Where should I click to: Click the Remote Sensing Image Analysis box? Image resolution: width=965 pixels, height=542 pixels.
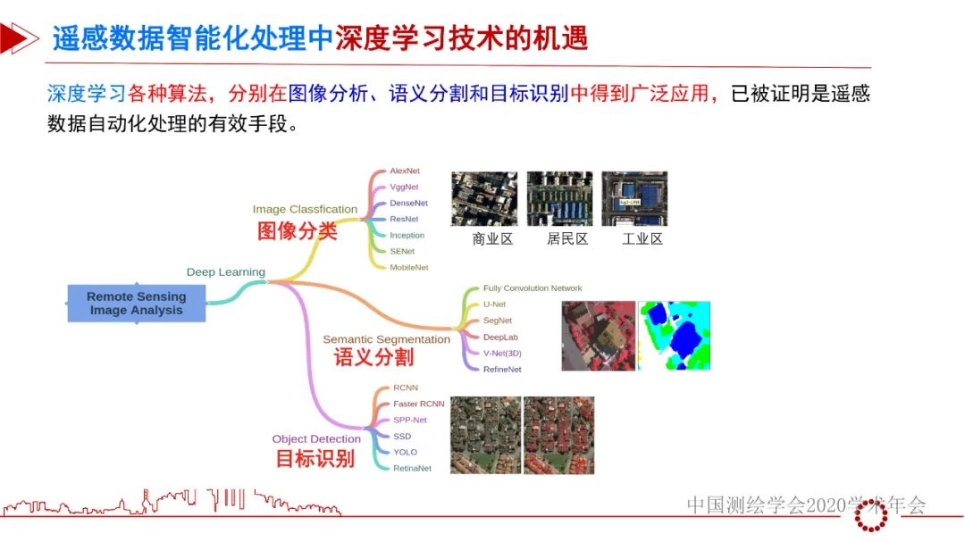136,304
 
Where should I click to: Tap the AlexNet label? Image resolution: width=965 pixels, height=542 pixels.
405,171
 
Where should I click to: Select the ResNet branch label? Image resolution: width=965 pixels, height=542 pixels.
404,219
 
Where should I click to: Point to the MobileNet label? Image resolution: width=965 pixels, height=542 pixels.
409,267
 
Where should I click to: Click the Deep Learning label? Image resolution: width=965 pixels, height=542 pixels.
225,271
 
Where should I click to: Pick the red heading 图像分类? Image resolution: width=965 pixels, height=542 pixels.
298,230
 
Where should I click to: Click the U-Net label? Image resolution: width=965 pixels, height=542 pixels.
494,304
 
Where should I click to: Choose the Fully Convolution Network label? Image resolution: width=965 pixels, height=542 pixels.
533,288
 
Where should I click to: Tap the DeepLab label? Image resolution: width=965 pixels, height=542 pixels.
500,337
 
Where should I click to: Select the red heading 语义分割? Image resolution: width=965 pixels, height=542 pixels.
373,357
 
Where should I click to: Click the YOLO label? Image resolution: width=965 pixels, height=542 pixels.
405,452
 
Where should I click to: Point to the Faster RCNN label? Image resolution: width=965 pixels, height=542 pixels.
418,404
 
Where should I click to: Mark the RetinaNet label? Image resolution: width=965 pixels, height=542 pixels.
412,468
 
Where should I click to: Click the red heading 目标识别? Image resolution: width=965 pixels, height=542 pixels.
314,459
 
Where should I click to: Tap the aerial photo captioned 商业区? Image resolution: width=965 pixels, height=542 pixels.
484,198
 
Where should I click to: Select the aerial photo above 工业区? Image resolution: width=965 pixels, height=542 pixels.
634,198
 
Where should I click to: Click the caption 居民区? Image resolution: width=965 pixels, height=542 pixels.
567,239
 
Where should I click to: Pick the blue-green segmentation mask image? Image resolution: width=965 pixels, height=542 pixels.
675,336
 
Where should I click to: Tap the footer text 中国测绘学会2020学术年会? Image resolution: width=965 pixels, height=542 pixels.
806,505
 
